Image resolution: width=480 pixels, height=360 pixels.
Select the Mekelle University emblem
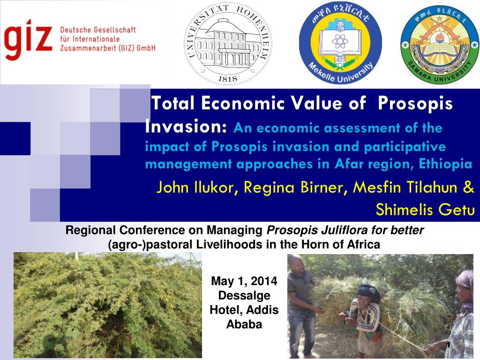click(340, 43)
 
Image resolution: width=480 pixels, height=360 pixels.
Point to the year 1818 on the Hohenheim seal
click(228, 79)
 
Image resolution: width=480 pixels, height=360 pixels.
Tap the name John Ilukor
click(193, 188)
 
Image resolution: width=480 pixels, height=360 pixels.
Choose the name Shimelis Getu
click(425, 210)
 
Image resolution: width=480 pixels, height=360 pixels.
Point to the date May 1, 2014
click(244, 281)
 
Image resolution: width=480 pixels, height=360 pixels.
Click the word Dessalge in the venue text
click(244, 296)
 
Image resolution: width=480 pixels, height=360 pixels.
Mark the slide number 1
click(448, 345)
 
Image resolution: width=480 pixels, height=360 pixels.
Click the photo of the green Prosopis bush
click(107, 305)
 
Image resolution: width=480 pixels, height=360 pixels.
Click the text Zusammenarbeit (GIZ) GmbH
click(108, 48)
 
